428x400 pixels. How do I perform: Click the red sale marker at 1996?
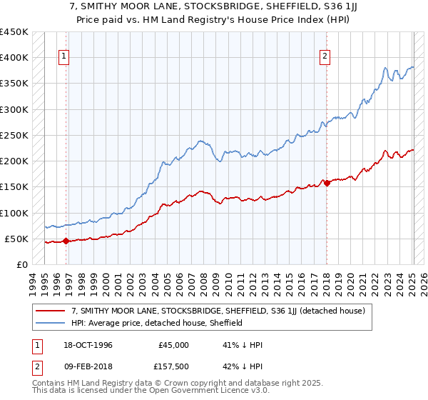[x=66, y=241]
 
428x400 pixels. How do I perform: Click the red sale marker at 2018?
[x=327, y=183]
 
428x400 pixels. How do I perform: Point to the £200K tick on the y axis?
[x=14, y=161]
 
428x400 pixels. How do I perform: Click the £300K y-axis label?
[x=14, y=109]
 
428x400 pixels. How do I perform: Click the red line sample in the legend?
[x=51, y=311]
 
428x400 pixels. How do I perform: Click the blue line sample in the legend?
[x=51, y=323]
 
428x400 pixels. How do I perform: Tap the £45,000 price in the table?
[x=174, y=345]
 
